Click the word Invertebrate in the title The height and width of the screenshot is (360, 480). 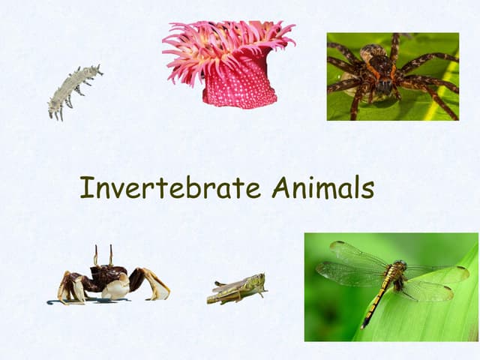click(170, 187)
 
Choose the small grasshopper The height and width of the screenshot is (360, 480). click(237, 289)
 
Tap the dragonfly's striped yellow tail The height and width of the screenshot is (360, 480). click(373, 304)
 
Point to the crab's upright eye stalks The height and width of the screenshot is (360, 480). click(103, 255)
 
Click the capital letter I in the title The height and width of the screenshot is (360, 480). click(85, 187)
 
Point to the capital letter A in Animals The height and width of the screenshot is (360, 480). click(281, 187)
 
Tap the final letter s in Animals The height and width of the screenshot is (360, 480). click(367, 190)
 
